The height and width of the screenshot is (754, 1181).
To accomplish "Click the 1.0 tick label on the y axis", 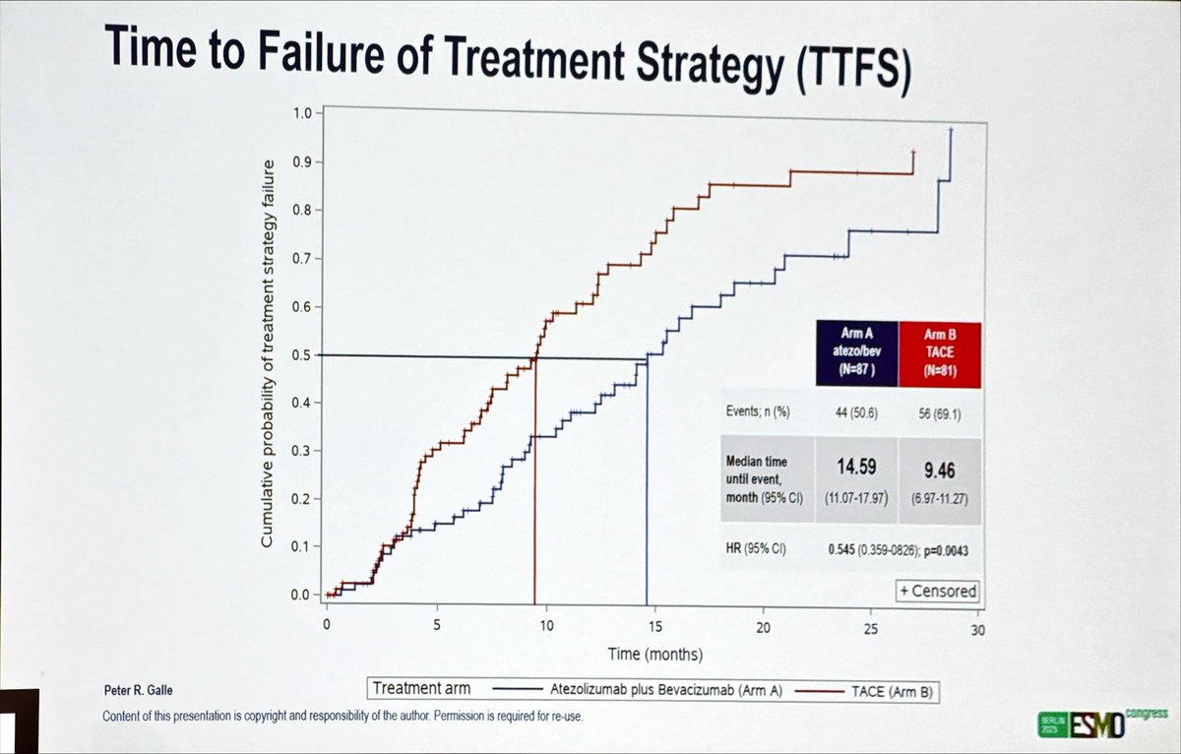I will click(300, 112).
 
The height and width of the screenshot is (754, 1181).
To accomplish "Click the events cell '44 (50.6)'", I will click(855, 414).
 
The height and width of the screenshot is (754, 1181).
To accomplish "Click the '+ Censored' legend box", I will click(937, 591).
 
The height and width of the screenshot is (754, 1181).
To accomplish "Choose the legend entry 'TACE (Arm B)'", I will click(885, 693).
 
